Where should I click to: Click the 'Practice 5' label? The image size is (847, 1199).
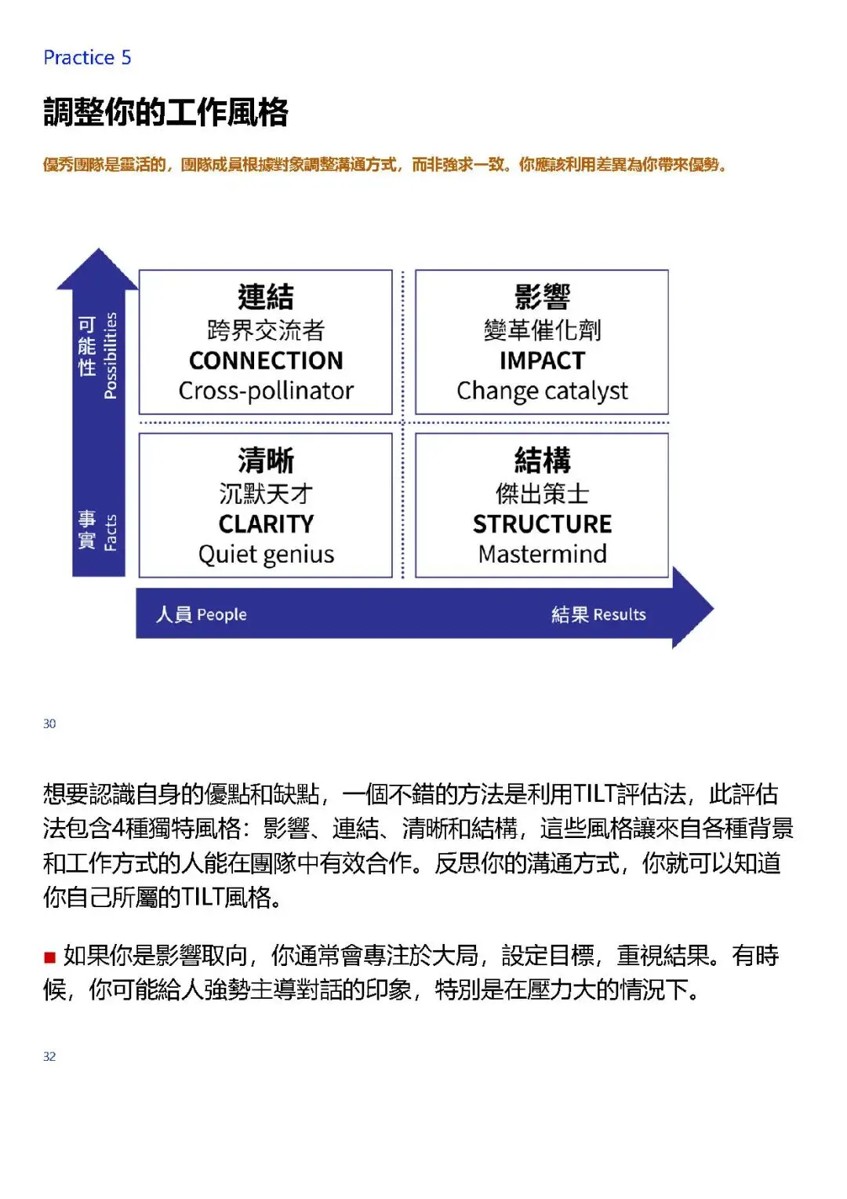87,57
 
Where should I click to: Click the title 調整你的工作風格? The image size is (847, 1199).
165,112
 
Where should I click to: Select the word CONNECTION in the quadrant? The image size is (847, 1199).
266,360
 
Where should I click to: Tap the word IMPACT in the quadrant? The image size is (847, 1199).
542,360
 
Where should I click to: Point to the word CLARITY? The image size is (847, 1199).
266,523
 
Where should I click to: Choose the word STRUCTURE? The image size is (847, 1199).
542,523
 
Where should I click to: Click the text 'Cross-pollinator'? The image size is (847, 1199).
266,391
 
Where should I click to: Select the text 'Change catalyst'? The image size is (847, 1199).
542,391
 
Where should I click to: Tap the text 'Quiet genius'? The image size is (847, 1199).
266,555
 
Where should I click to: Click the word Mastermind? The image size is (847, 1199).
542,554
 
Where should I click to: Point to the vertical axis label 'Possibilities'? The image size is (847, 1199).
111,355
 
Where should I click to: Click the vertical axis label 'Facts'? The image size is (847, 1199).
111,532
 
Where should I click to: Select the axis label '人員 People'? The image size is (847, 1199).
202,614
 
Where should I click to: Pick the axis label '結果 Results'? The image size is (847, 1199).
598,614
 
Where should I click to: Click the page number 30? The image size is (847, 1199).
49,723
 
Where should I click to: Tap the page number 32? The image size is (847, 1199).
49,1056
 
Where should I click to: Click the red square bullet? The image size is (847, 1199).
49,957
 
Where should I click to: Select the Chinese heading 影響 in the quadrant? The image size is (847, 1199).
542,297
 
